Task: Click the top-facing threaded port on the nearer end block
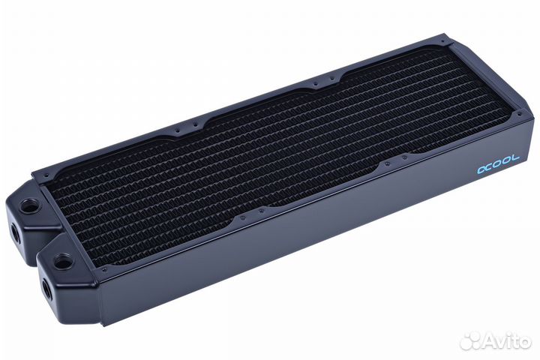tap(64, 260)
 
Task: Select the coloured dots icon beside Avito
tap(470, 340)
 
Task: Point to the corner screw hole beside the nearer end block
tap(104, 268)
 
